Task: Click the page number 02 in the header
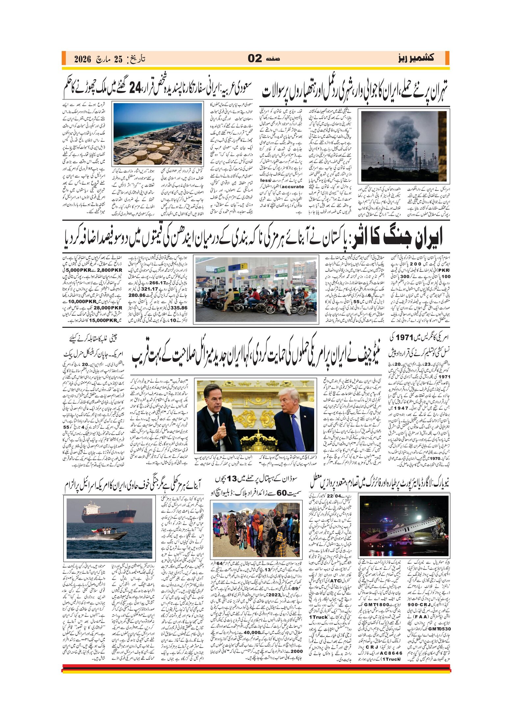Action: [255, 58]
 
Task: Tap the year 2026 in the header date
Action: [82, 59]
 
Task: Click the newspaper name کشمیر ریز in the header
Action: [416, 58]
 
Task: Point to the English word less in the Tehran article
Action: [265, 180]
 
